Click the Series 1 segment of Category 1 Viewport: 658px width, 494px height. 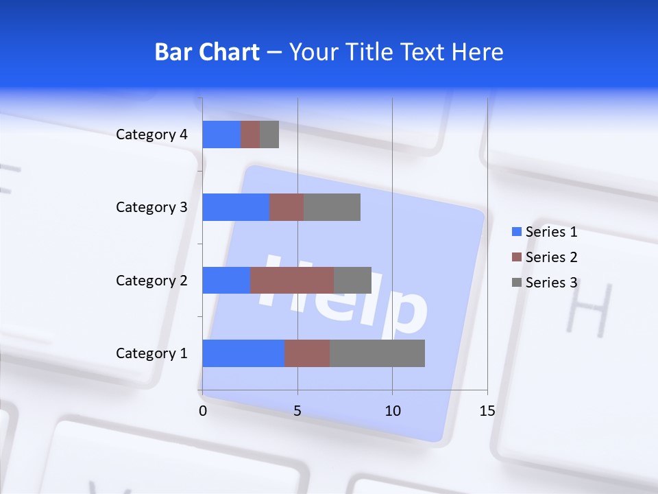click(243, 353)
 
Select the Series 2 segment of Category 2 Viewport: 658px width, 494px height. click(292, 280)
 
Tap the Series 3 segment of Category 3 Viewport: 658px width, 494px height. click(332, 207)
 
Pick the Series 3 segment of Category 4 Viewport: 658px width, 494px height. click(269, 134)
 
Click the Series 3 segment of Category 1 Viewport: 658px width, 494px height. click(377, 353)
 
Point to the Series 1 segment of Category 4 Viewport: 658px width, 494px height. click(221, 134)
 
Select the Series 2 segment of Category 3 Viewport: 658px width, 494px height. click(287, 207)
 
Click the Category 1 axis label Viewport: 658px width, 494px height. click(151, 353)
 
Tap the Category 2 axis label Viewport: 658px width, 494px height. click(151, 280)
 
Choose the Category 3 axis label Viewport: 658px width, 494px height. click(151, 207)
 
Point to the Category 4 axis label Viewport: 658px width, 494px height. click(151, 134)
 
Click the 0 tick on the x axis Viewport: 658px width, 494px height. click(203, 411)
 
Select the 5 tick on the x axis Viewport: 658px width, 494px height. click(297, 411)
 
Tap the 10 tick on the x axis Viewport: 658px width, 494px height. click(392, 411)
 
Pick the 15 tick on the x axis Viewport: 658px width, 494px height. click(487, 411)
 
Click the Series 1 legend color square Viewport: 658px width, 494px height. click(517, 232)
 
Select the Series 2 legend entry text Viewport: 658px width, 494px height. click(551, 257)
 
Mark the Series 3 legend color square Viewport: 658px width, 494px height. click(517, 283)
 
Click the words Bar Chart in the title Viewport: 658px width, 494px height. click(206, 52)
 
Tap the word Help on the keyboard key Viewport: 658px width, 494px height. click(343, 295)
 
